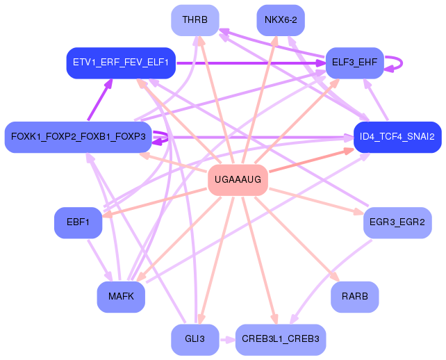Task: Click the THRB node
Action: click(195, 20)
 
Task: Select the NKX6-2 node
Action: click(281, 20)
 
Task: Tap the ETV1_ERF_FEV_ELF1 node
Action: click(121, 63)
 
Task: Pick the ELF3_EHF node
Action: click(354, 63)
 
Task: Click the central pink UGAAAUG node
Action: click(238, 180)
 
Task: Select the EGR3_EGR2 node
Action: click(397, 222)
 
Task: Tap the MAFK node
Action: click(121, 297)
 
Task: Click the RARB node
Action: click(354, 297)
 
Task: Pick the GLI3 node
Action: click(195, 339)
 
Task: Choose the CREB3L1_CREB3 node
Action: click(281, 339)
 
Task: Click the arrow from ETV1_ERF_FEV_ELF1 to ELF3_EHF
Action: click(250, 63)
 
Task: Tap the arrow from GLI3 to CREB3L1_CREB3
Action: click(227, 340)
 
